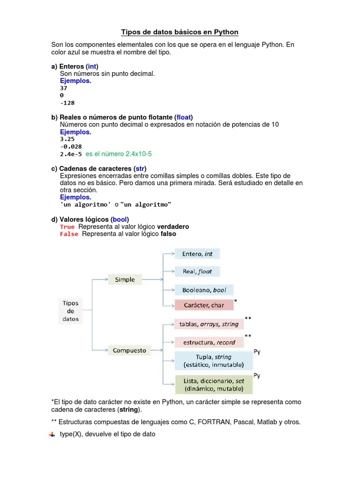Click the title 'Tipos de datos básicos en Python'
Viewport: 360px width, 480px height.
coord(180,32)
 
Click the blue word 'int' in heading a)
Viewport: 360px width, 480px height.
coord(92,66)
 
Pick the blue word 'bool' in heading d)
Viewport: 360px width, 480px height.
coord(120,219)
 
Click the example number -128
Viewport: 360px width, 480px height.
coord(67,103)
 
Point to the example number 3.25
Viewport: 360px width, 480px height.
coord(67,139)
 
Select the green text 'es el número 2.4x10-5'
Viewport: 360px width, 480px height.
coord(119,154)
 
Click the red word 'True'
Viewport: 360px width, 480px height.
coord(67,227)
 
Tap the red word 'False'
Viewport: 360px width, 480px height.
coord(69,234)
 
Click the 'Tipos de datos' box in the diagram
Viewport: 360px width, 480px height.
coord(71,311)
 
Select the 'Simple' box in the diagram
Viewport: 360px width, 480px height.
coord(125,280)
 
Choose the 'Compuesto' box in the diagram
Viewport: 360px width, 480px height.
coord(129,350)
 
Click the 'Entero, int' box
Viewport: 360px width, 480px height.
coord(197,254)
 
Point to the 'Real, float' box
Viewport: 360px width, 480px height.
coord(197,271)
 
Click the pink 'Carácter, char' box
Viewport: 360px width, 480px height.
coord(204,305)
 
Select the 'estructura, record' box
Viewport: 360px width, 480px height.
coord(209,342)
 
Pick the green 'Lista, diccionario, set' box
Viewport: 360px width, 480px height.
coord(214,385)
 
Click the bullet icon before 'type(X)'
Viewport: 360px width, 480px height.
coord(52,435)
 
